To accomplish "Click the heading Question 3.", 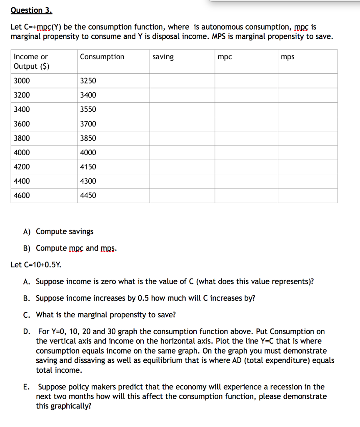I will tap(32, 10).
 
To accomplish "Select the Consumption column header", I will tap(102, 57).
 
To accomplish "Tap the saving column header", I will tap(163, 57).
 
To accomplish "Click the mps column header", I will tap(287, 57).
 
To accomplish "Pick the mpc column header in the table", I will tap(225, 57).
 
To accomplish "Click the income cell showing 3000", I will tap(22, 81).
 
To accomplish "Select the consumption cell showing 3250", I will tap(88, 81).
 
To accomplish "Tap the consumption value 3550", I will tap(88, 109).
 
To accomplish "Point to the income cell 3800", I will tap(22, 138).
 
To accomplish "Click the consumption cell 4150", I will tap(88, 167).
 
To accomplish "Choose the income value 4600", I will tap(22, 195).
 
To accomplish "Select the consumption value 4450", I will tap(88, 195).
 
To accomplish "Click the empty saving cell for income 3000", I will tap(182, 81).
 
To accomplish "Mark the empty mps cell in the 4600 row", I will tap(307, 195).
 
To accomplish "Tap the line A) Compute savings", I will tap(58, 231).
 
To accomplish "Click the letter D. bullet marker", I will tap(27, 332).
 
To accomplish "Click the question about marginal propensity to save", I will tap(106, 315).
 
